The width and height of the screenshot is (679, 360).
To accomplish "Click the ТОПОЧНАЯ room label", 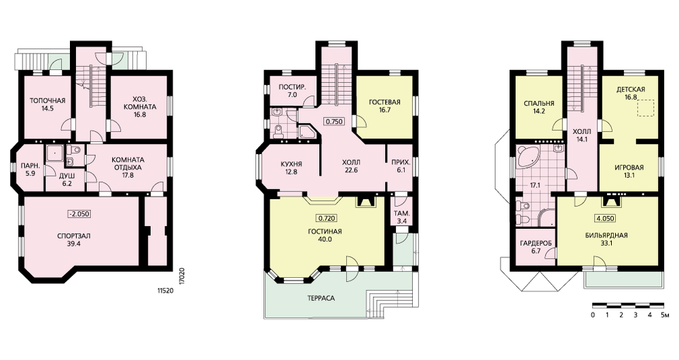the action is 48,101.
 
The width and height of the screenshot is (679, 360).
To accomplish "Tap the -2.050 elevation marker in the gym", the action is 79,213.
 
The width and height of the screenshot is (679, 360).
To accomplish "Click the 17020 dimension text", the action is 182,276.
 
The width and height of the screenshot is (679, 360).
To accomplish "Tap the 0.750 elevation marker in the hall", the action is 334,122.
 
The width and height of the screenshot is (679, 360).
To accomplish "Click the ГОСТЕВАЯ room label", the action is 384,103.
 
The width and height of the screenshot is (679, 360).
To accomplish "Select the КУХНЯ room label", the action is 291,164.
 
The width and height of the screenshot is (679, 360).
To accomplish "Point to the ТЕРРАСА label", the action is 321,298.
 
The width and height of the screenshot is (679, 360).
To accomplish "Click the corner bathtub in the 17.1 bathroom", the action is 528,157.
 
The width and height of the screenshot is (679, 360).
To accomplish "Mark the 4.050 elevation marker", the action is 606,218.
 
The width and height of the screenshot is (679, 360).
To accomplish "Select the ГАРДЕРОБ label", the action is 536,243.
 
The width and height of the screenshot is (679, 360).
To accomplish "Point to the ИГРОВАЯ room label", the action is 629,168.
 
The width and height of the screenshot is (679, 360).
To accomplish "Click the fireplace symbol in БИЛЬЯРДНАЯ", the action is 609,202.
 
